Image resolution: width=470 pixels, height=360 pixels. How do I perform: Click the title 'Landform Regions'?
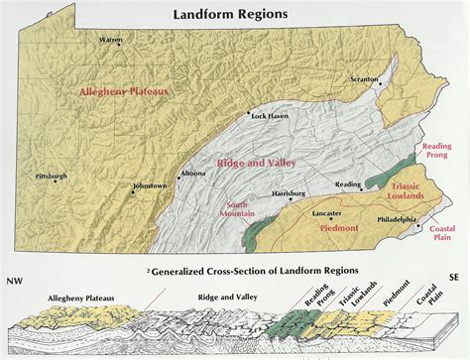pos(230,15)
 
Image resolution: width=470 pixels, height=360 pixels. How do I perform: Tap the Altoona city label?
pos(192,174)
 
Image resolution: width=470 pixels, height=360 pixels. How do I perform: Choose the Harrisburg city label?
pos(288,192)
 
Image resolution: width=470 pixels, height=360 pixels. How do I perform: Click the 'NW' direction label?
pos(14,281)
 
